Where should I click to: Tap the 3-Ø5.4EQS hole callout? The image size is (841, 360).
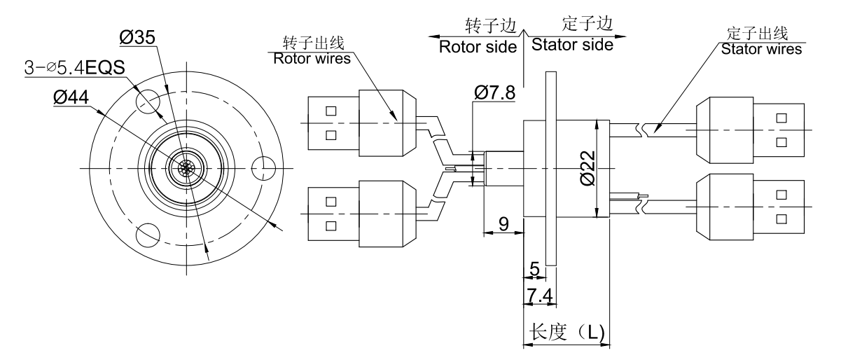tap(75, 69)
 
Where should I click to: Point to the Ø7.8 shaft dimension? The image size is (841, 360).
tap(494, 92)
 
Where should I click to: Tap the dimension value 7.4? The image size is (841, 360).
tap(539, 297)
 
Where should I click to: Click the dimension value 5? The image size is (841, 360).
tap(534, 269)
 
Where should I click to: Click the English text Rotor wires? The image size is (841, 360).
tap(312, 59)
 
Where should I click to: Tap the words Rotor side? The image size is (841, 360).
tap(477, 47)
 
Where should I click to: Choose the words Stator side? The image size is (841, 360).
tap(573, 45)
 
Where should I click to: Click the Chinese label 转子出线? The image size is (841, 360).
tap(311, 43)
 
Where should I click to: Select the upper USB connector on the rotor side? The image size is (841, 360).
tap(361, 123)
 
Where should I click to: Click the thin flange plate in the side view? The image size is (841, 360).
tap(550, 168)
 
